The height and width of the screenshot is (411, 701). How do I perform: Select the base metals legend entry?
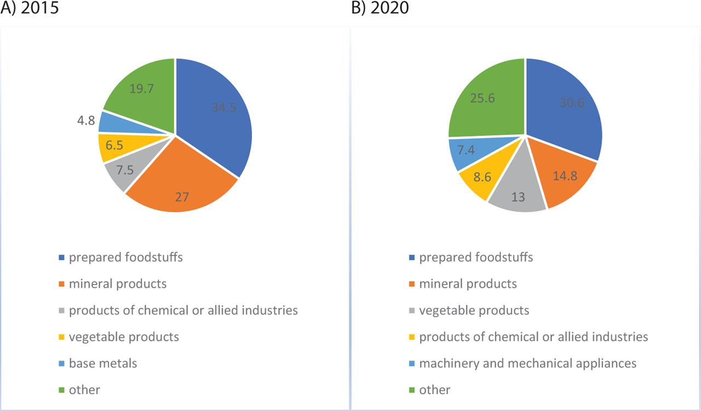(103, 363)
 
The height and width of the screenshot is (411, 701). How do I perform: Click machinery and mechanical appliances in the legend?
(527, 363)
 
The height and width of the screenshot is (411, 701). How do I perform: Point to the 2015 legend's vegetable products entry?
(124, 336)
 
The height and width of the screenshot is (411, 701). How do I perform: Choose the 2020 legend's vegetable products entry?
(474, 310)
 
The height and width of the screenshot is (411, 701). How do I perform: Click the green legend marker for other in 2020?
(411, 390)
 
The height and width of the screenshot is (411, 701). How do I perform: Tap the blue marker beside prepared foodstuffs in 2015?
(61, 258)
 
